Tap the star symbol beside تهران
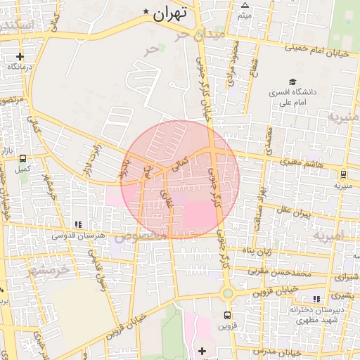146,11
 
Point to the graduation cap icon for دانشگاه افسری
292,82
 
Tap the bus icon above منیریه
343,174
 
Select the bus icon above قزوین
227,315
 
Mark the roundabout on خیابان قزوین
226,293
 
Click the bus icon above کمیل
23,159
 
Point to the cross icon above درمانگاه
20,56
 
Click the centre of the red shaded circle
180,179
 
